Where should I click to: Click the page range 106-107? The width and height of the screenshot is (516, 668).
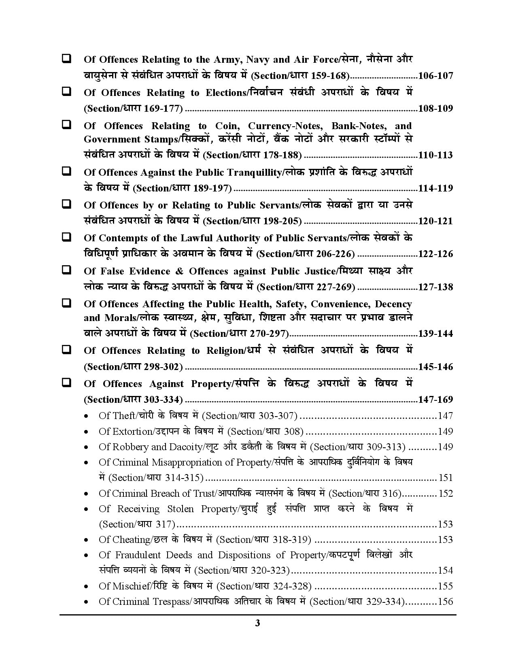click(435, 76)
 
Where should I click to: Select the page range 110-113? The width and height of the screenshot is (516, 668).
click(435, 155)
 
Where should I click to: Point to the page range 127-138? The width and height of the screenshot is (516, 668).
click(435, 287)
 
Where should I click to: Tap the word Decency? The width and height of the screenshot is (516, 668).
click(393, 304)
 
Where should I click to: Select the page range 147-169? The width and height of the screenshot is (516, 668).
click(435, 400)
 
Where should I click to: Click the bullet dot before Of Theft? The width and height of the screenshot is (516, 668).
click(86, 417)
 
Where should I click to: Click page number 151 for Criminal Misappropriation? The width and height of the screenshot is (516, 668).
click(446, 478)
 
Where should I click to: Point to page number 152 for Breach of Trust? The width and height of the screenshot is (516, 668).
click(446, 494)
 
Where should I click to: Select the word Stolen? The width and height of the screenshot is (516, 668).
click(178, 509)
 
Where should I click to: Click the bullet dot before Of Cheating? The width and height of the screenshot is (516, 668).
click(86, 540)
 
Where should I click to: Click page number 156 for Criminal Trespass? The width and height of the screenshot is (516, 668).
click(446, 602)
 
